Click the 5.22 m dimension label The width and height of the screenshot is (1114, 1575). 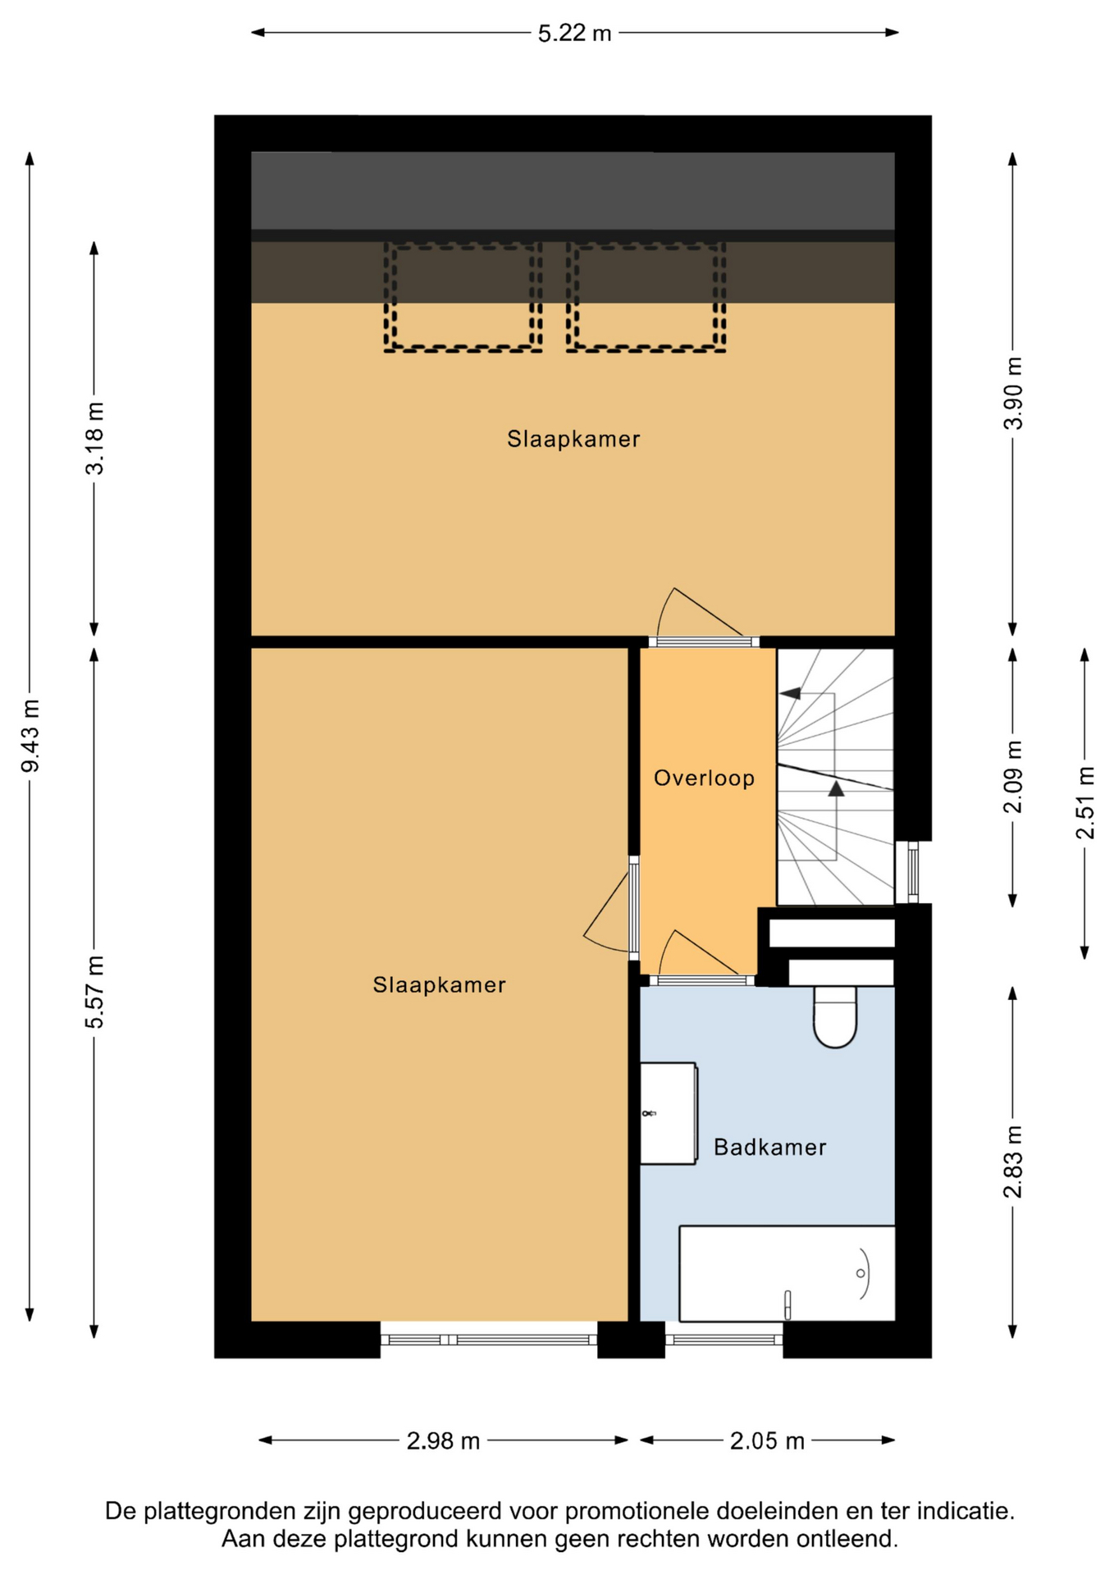point(574,34)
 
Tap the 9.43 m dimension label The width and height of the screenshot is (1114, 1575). point(30,736)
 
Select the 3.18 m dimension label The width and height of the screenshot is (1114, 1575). point(95,438)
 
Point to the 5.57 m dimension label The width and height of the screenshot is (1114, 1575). point(95,992)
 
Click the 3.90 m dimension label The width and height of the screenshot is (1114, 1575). point(1014,393)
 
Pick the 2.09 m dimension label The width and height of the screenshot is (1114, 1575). point(1014,776)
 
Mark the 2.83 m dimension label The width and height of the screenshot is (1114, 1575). point(1014,1162)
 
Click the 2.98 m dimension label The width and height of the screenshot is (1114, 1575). point(443,1440)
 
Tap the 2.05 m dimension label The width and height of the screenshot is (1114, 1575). point(767,1440)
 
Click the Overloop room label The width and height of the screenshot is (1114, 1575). point(704,778)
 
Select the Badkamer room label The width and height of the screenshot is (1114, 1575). point(769,1147)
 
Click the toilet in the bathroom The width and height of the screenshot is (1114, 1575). point(834,1017)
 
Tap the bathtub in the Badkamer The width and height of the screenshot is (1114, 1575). point(787,1273)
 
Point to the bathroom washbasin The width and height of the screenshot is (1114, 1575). point(669,1113)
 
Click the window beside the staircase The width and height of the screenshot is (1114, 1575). point(912,872)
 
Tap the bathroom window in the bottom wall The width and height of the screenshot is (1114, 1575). point(724,1340)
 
